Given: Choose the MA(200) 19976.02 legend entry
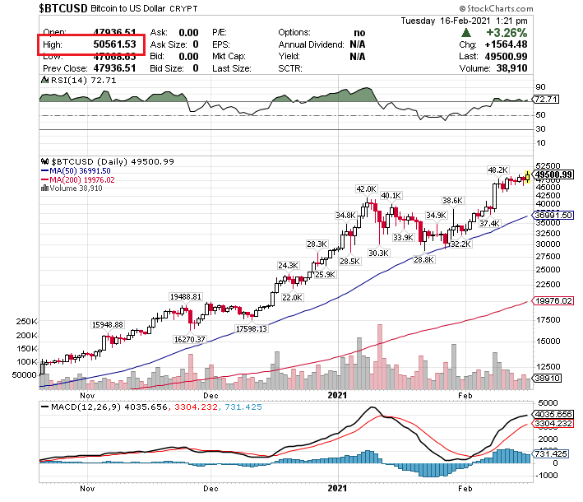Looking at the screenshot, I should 83,179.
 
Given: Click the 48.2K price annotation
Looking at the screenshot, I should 497,170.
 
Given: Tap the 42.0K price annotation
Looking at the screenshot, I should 365,189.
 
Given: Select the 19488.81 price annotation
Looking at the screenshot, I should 186,295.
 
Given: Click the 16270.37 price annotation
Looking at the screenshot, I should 190,338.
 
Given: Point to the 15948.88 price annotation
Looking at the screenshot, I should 107,324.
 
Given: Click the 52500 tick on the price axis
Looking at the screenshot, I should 548,165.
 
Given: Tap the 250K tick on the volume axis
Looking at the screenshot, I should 27,322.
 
